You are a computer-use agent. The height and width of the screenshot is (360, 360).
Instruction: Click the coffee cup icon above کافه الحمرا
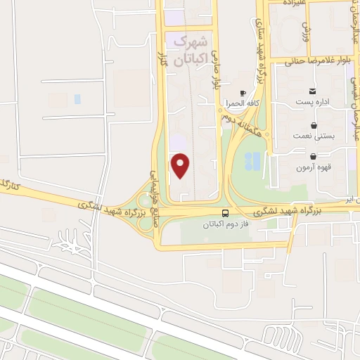pyautogui.click(x=243, y=93)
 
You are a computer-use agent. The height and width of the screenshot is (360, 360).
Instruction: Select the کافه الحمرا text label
pyautogui.click(x=243, y=103)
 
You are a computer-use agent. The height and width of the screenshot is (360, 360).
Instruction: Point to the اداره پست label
pyautogui.click(x=312, y=102)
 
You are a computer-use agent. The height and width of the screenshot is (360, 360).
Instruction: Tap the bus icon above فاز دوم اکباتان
pyautogui.click(x=225, y=213)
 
